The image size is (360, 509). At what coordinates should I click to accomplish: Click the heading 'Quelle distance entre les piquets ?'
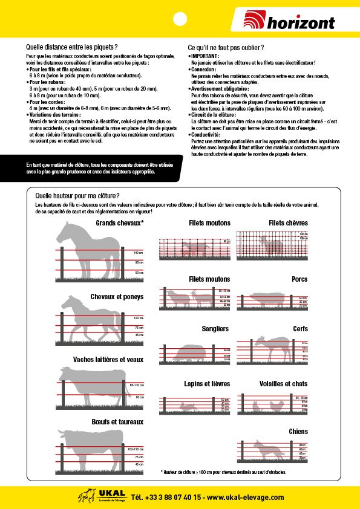71,47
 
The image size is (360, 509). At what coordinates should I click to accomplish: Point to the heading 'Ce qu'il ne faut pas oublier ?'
226,47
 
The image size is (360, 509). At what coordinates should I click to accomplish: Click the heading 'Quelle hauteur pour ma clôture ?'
77,196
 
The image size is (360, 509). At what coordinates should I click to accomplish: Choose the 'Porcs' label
299,279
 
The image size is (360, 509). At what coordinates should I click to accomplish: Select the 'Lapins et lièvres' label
207,384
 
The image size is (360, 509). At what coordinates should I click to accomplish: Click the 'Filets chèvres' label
288,223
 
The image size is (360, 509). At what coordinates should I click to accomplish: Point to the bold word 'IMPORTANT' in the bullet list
205,56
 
